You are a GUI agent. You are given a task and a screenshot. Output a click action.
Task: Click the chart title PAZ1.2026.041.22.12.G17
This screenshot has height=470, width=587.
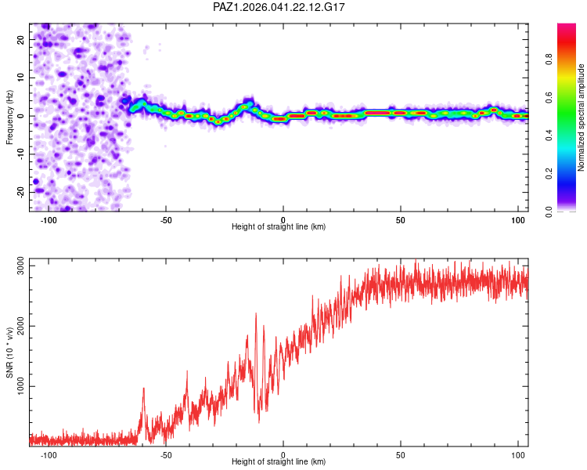click(x=279, y=7)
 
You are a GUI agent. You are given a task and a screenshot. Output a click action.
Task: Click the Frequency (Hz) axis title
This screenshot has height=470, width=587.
click(x=10, y=117)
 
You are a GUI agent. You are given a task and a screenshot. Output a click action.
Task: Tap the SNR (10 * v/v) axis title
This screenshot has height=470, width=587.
click(x=10, y=350)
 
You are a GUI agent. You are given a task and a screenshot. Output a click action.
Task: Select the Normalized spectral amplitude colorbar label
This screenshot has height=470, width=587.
click(x=582, y=117)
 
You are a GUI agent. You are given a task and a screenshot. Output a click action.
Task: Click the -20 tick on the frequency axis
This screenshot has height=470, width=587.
click(x=20, y=192)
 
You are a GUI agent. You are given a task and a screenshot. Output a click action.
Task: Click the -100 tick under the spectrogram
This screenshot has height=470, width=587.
click(x=49, y=220)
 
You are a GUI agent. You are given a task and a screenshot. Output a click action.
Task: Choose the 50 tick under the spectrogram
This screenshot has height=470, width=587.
click(x=400, y=220)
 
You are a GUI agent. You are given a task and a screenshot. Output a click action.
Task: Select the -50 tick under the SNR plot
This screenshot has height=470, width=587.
click(x=166, y=455)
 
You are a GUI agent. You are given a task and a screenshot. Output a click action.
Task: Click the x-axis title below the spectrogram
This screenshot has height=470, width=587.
click(x=279, y=227)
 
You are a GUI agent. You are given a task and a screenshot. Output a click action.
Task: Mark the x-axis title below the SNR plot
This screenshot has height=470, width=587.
click(x=279, y=462)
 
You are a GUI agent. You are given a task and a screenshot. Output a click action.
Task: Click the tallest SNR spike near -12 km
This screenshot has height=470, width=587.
click(x=255, y=314)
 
